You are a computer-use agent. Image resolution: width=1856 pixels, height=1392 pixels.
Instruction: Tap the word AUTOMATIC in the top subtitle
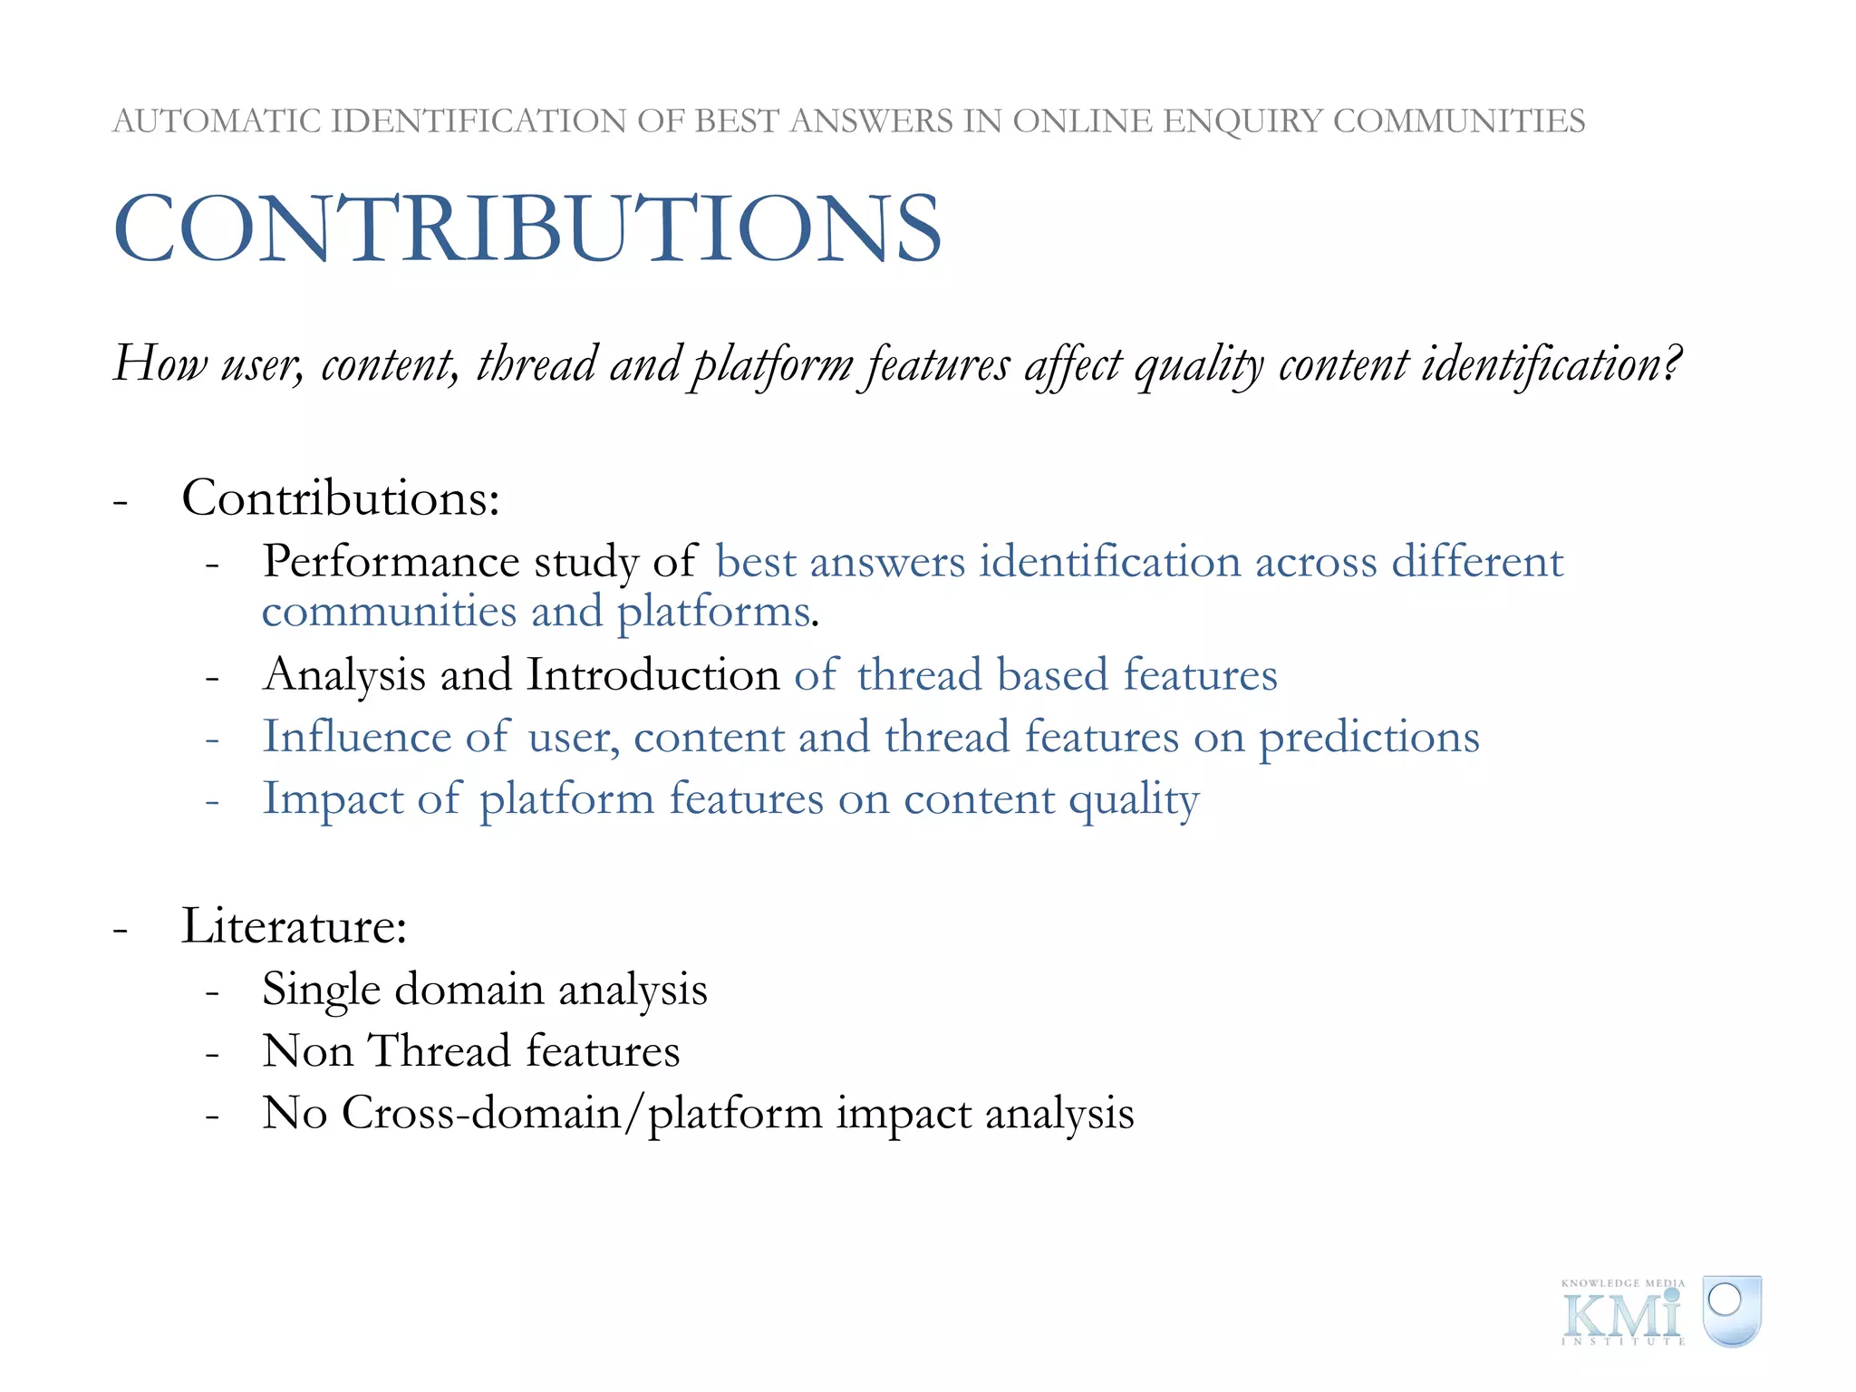coord(217,121)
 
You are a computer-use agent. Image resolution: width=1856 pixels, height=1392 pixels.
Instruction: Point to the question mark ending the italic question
coord(1672,362)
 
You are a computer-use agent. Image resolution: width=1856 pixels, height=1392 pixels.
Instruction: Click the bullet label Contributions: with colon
coord(341,498)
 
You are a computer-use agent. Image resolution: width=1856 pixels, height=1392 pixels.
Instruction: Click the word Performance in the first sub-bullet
coord(391,562)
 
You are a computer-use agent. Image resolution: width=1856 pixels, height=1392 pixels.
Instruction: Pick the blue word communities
coord(389,612)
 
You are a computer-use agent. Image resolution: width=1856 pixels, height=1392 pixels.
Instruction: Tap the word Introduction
coord(653,676)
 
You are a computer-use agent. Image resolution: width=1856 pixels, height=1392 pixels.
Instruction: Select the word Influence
coord(356,737)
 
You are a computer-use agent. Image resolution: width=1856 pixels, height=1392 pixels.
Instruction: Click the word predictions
coord(1368,739)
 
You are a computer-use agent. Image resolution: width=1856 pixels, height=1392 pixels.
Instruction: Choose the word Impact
coord(333,799)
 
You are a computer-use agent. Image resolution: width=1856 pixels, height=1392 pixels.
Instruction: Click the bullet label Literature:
coord(295,926)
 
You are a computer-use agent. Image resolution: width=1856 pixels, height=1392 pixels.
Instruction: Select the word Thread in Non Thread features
coord(441,1051)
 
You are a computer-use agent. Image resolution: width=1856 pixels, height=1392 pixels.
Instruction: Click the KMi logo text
coord(1622,1315)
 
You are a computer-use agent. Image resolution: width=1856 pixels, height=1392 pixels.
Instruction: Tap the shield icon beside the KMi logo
coord(1731,1310)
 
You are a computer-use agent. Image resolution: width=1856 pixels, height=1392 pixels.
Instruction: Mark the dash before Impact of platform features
coord(212,802)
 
